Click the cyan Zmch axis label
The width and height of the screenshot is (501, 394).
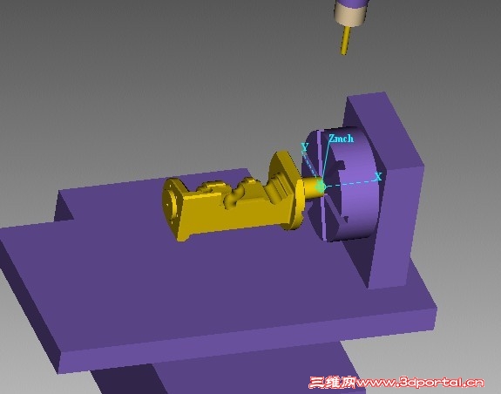point(342,139)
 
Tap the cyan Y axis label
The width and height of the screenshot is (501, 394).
point(305,147)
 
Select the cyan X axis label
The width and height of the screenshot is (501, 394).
point(378,177)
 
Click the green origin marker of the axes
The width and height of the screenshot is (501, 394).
point(321,187)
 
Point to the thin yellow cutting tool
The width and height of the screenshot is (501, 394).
point(345,40)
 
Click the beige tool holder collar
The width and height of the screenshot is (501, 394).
point(350,15)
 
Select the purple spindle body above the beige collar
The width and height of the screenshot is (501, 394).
point(351,3)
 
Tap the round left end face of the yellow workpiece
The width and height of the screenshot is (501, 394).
point(171,202)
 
